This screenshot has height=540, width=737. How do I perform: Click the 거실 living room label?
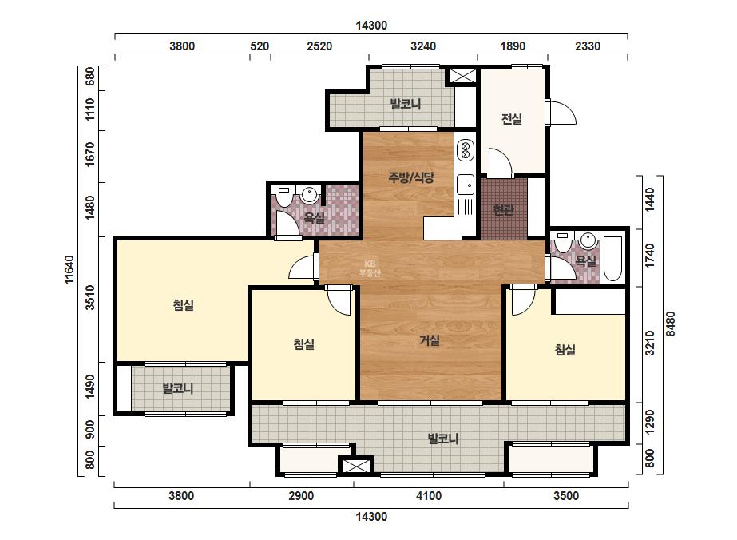click(430, 339)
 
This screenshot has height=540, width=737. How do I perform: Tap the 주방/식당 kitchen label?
click(411, 177)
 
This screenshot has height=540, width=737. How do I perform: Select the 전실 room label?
click(511, 118)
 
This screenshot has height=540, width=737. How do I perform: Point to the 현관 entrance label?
click(503, 210)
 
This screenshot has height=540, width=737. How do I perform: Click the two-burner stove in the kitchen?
click(466, 149)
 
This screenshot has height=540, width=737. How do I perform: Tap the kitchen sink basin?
click(466, 184)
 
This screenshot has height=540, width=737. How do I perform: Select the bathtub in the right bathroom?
click(612, 258)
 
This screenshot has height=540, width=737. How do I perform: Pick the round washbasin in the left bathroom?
click(309, 194)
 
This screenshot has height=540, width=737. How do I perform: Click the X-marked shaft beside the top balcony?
click(461, 76)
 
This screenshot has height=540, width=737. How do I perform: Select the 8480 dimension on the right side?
click(671, 324)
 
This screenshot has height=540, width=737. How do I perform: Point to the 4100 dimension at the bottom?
click(429, 496)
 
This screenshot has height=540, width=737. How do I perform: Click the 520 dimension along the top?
click(260, 46)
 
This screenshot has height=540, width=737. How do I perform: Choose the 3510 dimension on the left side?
click(90, 297)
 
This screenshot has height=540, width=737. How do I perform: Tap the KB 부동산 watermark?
click(370, 268)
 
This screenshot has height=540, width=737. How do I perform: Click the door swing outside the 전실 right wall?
click(562, 113)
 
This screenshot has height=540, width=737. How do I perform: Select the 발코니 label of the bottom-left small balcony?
click(178, 388)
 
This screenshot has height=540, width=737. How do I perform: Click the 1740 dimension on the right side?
click(650, 256)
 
